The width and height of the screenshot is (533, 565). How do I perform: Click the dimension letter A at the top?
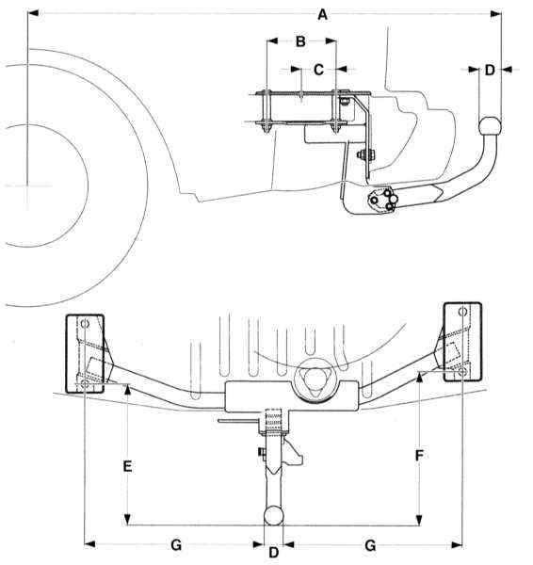click(x=323, y=15)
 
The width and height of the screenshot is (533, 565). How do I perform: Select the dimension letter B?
click(x=300, y=41)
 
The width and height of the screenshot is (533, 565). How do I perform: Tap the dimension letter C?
click(x=318, y=70)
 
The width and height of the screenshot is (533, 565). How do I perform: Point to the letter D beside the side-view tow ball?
click(x=490, y=70)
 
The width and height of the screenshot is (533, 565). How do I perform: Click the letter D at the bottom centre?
click(x=273, y=552)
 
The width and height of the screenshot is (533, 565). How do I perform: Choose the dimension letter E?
click(x=127, y=466)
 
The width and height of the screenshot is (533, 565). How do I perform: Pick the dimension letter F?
click(x=419, y=456)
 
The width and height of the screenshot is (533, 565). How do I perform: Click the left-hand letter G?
click(x=176, y=545)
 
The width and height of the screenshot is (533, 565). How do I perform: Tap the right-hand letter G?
click(x=370, y=545)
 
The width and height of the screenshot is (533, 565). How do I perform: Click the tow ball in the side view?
click(x=490, y=126)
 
